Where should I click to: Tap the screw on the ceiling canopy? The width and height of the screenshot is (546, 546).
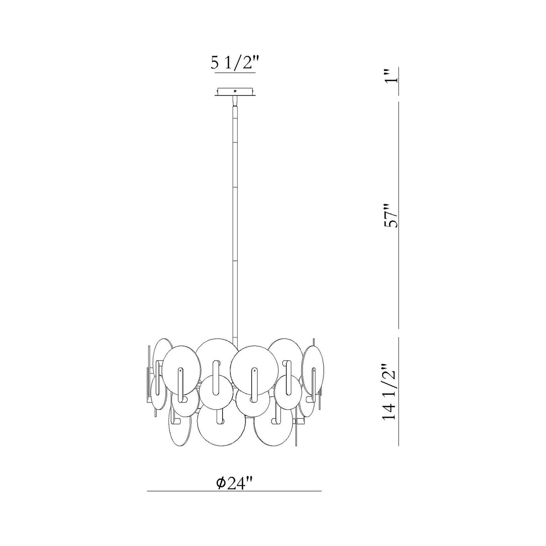235,91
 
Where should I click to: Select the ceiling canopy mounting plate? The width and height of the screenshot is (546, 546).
235,92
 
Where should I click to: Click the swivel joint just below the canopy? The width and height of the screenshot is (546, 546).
235,101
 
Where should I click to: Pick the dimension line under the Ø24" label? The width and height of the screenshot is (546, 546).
234,491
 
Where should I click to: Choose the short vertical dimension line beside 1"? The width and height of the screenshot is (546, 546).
399,82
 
